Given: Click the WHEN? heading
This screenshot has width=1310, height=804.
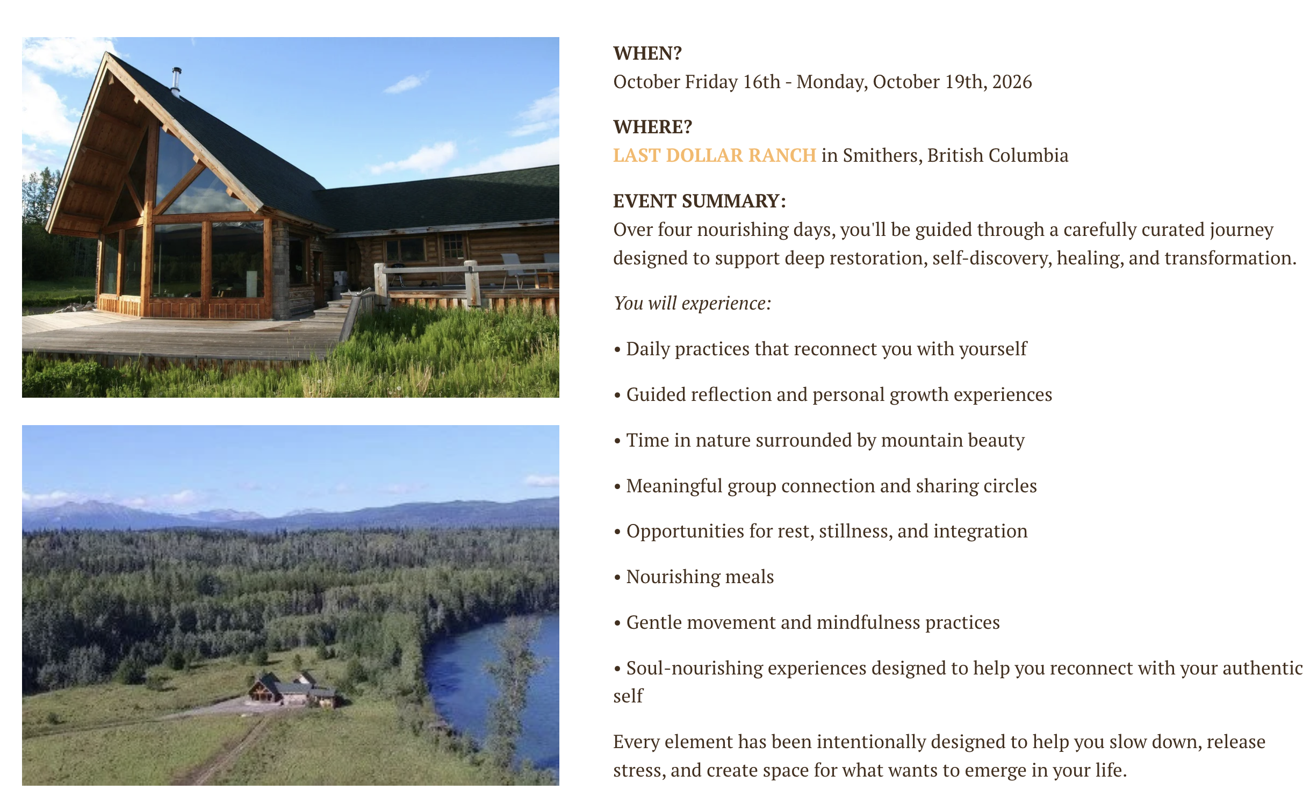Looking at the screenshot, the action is (647, 53).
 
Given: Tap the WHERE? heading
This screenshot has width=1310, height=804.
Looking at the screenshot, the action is (652, 127).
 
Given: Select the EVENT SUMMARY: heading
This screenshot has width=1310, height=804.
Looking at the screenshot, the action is (699, 201).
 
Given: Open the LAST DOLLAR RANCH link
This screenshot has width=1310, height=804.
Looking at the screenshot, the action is (715, 155).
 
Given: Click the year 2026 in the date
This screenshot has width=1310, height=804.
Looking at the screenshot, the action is (1012, 82).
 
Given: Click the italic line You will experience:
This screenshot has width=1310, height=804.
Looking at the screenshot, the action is (692, 303).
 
